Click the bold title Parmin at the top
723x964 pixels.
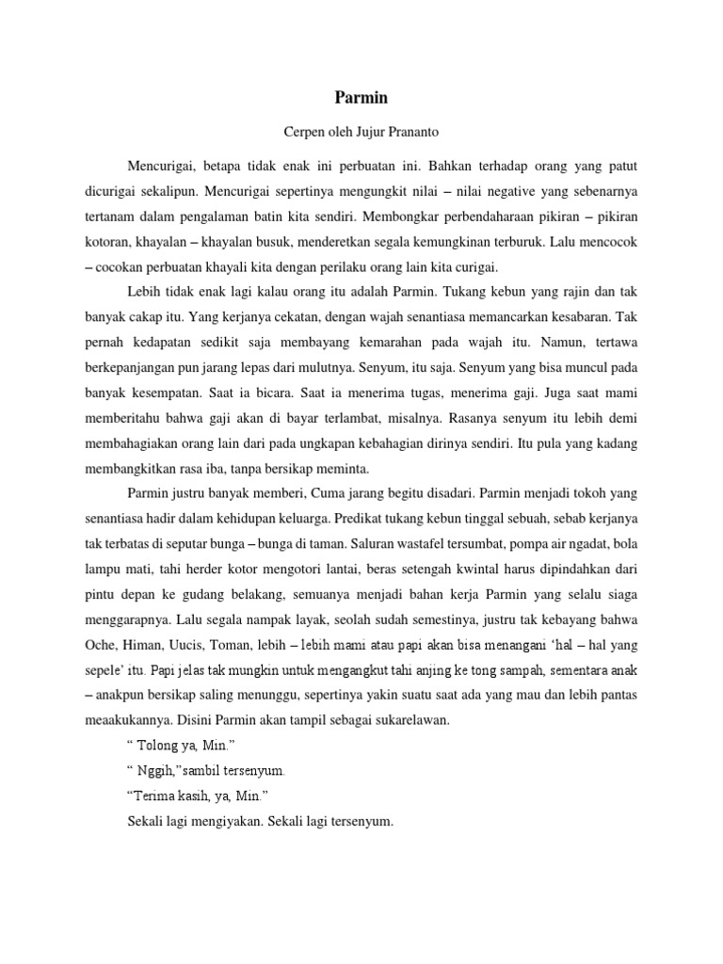coord(361,96)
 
